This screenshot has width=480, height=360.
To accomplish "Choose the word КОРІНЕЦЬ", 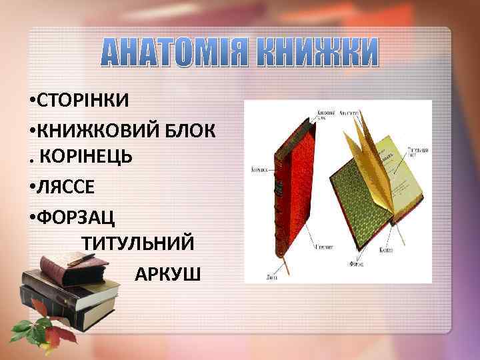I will pos(87,156).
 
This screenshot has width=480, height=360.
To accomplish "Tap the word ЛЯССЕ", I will pos(67,185).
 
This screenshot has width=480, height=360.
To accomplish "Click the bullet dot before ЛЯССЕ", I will pos(33,185).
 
